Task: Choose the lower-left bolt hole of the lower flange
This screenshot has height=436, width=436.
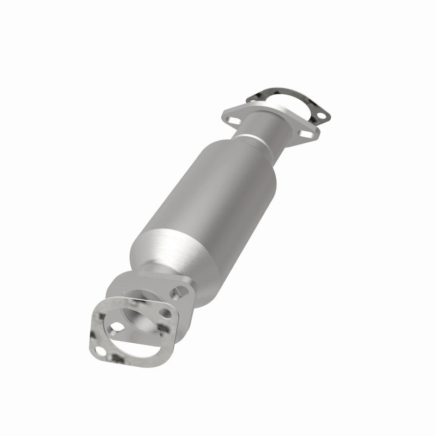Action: click(116, 327)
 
